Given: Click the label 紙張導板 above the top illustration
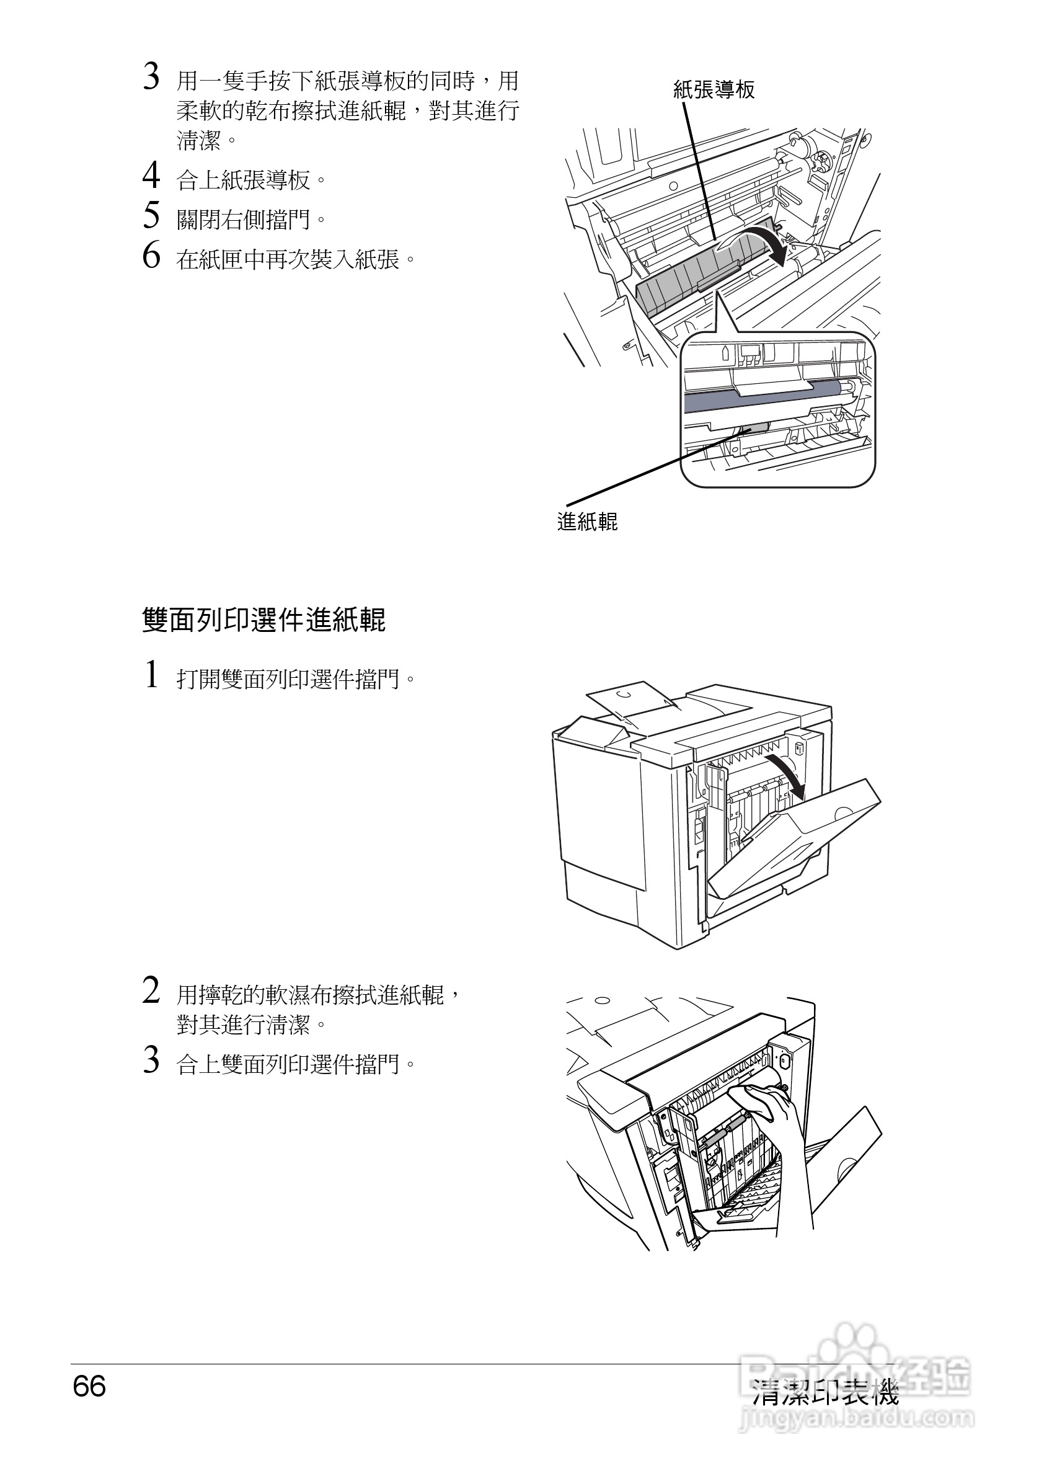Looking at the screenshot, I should pos(714,89).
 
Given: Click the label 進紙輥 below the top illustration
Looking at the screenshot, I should pos(587,521).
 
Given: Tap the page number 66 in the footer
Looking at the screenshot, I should pos(89,1387).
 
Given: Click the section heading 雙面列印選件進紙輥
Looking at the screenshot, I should pos(263,620).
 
